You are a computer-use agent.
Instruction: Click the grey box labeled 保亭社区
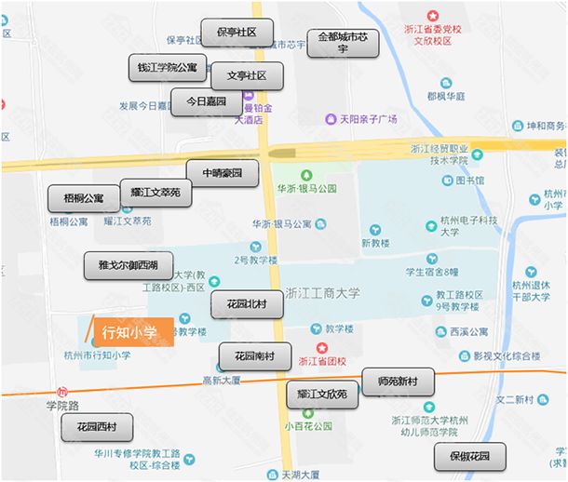[237, 33]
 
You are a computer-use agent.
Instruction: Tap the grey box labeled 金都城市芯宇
[343, 43]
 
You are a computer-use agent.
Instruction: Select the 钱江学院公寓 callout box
[168, 68]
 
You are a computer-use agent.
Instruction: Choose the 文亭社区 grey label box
[247, 75]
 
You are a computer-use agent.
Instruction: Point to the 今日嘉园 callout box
[207, 101]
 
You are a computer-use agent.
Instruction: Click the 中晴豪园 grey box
[222, 173]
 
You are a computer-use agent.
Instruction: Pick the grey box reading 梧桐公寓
[84, 198]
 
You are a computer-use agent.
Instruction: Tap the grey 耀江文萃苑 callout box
[156, 193]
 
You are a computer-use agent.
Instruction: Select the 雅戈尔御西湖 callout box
[128, 265]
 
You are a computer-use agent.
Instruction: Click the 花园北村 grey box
[247, 304]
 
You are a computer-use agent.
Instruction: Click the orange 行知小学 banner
[127, 331]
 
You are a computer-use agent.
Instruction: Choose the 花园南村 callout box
[254, 355]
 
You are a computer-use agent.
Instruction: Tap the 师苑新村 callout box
[398, 382]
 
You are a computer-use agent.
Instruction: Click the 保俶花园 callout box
[470, 456]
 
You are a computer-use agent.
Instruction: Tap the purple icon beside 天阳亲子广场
[331, 119]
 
